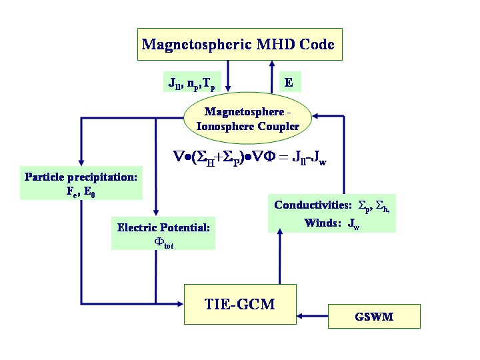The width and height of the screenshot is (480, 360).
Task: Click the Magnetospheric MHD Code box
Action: [x=238, y=45]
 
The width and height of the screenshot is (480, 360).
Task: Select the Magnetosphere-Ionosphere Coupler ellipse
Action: [x=247, y=119]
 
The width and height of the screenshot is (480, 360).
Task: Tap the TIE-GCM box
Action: [x=239, y=305]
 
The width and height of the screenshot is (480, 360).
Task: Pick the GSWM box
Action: [x=374, y=316]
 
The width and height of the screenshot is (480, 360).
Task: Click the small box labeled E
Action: [x=289, y=82]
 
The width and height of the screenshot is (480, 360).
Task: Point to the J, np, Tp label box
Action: [x=191, y=83]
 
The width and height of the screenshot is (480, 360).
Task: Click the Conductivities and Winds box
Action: [x=331, y=213]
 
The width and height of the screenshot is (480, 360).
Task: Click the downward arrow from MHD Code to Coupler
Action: [x=229, y=76]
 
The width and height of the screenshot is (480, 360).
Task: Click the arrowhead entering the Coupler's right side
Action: [x=317, y=116]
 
